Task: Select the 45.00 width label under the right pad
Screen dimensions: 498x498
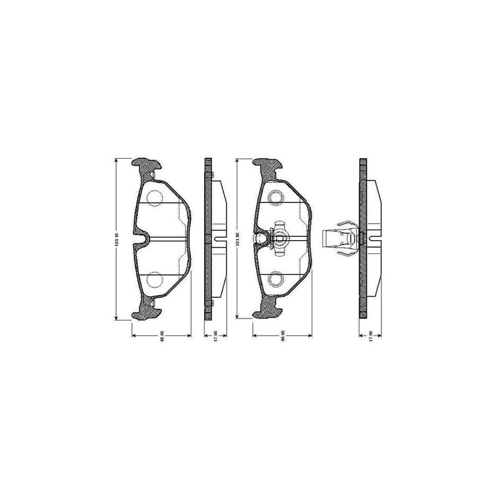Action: click(x=282, y=338)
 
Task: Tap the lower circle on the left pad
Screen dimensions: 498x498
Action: click(x=155, y=280)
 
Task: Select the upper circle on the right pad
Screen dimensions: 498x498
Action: click(x=275, y=197)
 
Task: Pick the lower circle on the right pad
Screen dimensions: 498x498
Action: click(x=275, y=280)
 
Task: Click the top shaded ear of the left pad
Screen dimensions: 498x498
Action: click(x=147, y=164)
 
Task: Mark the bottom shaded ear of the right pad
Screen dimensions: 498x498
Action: click(x=267, y=313)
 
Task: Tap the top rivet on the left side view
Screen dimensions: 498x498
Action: click(x=211, y=174)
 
